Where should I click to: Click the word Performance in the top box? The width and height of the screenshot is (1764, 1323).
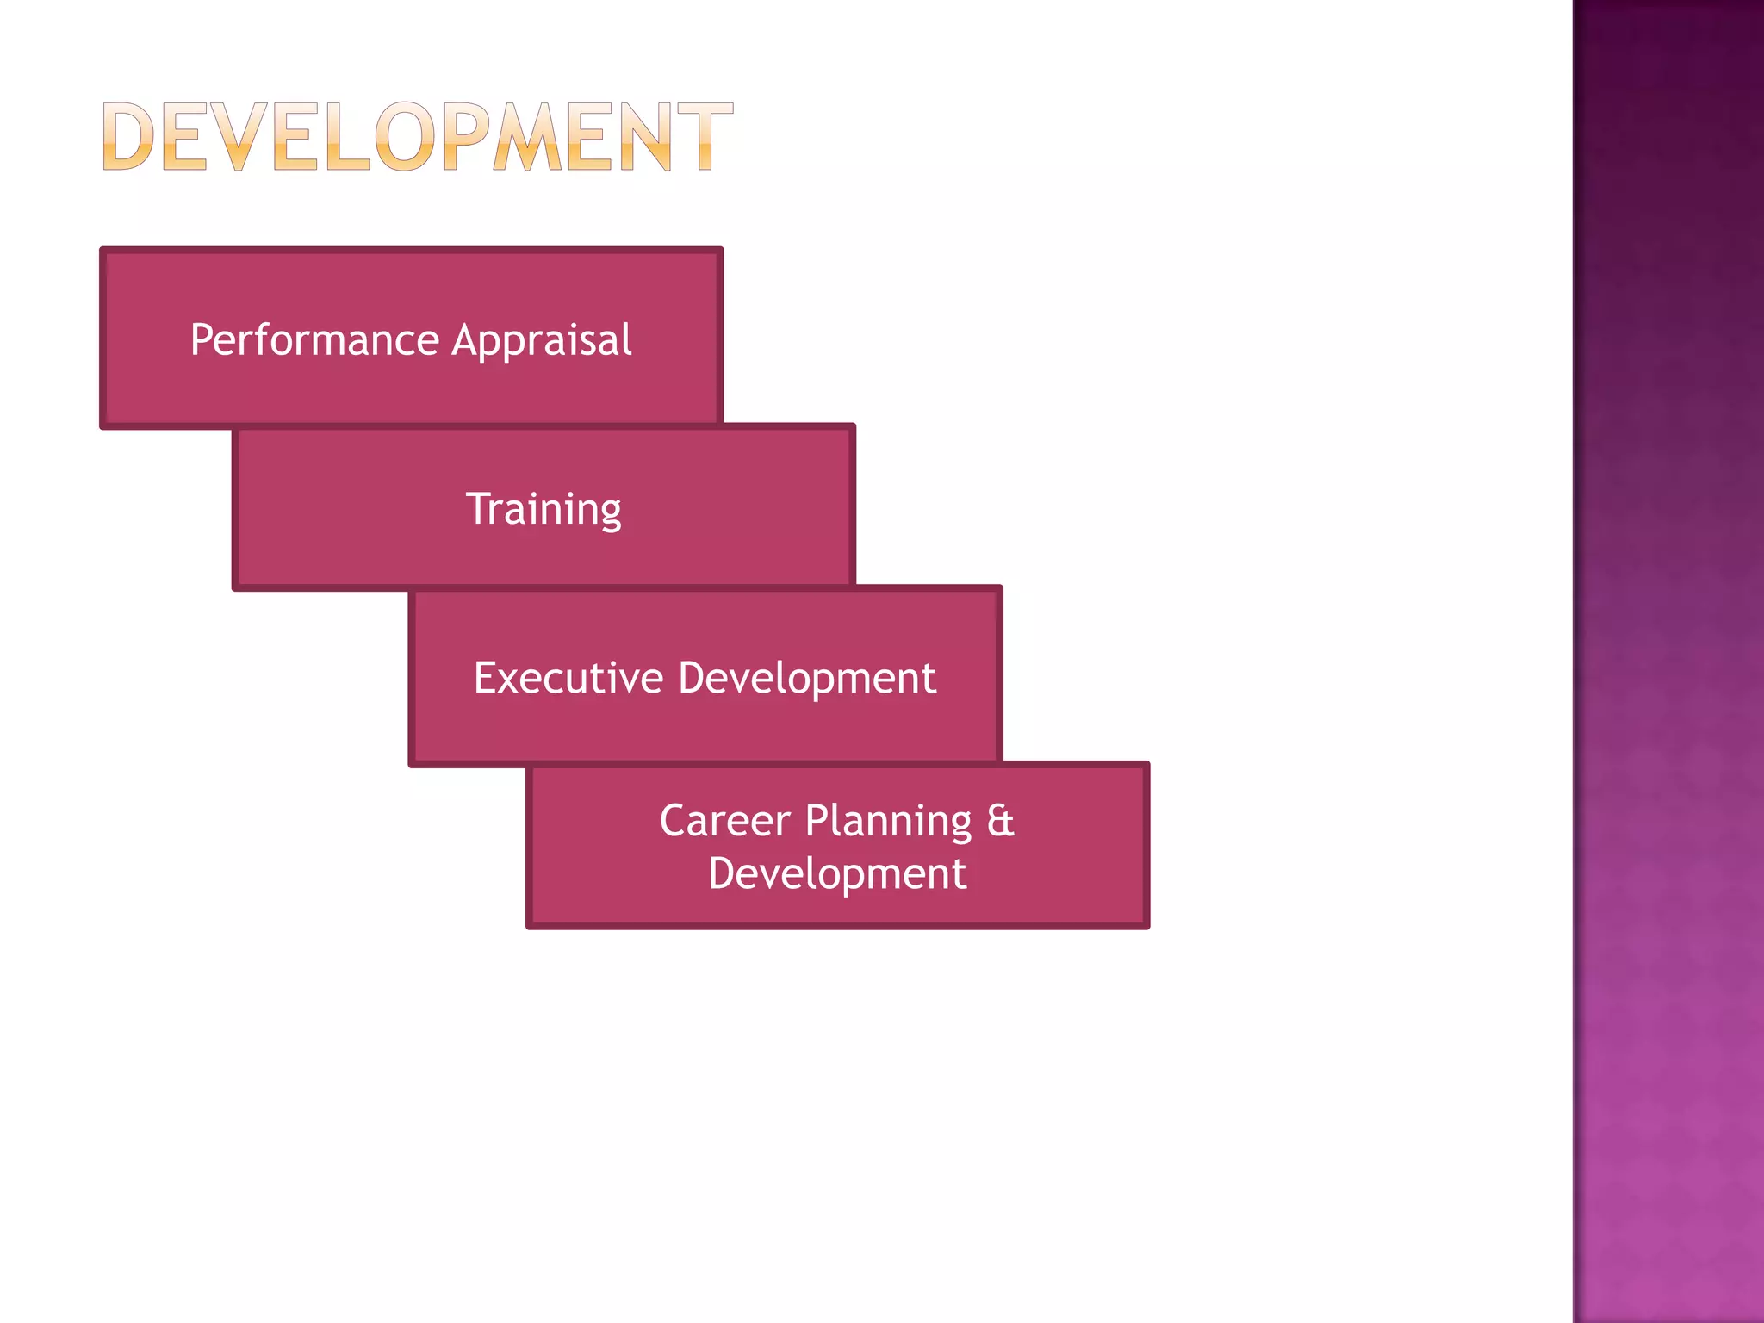315,340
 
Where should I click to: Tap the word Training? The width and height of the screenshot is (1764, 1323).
543,509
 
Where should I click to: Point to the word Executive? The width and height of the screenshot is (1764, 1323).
568,678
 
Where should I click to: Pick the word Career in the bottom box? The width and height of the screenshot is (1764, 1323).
724,820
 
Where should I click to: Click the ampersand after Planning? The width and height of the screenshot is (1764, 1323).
1000,820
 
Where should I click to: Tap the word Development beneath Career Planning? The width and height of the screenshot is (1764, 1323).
837,874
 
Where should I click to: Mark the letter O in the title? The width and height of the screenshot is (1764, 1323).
404,136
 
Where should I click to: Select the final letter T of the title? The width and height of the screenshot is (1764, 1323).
704,136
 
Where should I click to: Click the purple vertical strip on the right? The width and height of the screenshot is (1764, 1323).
1668,661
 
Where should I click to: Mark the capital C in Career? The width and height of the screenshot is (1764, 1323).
674,820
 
